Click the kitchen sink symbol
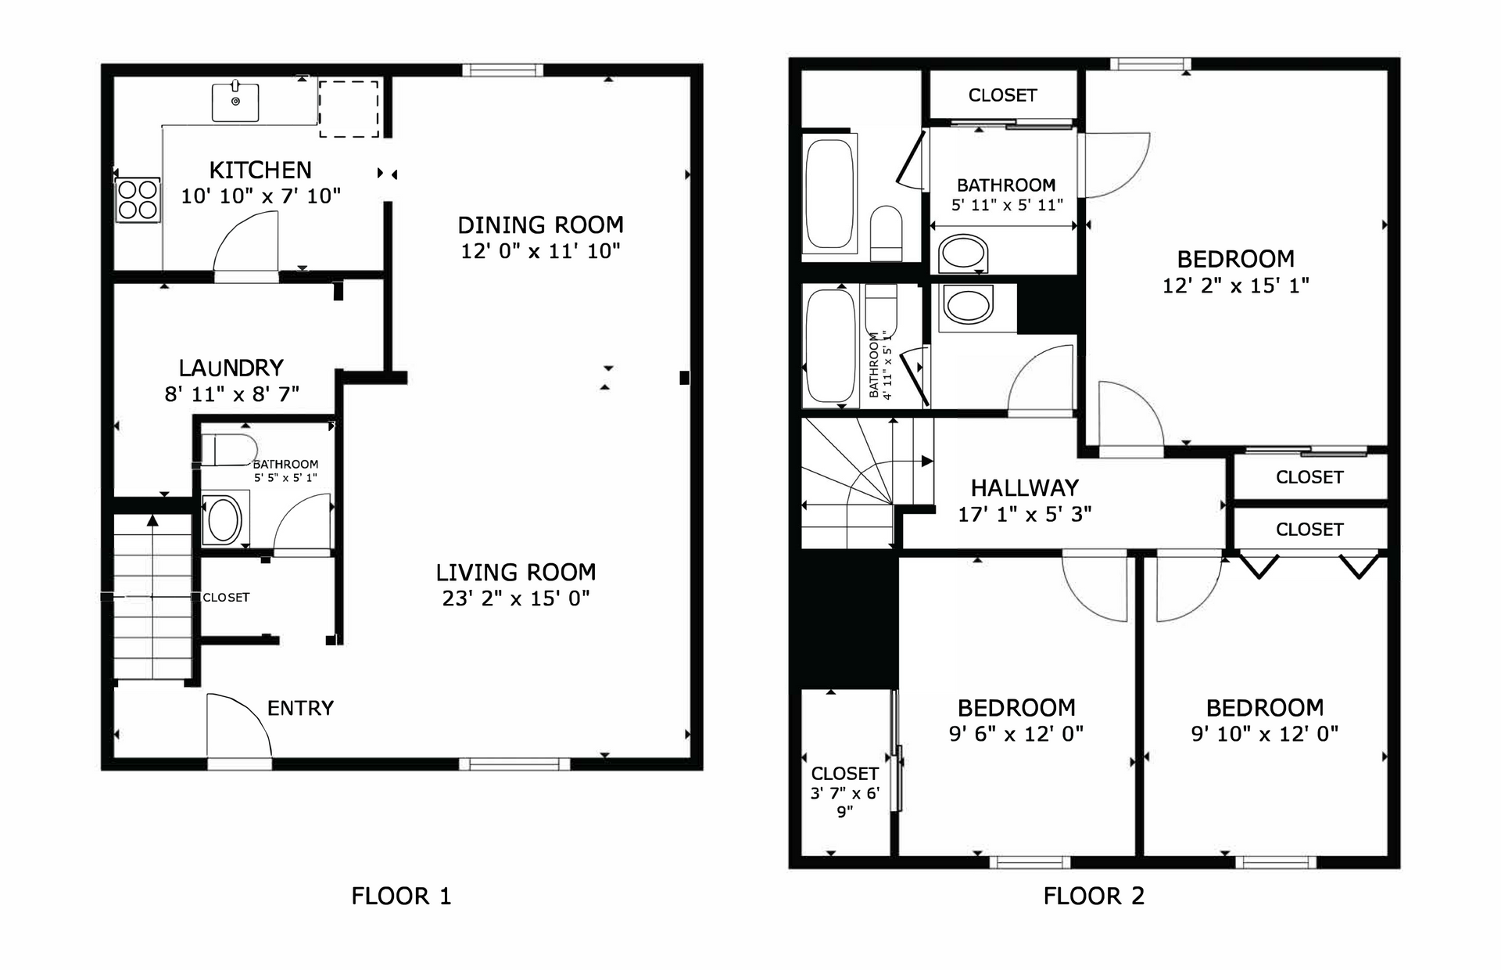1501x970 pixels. coord(235,102)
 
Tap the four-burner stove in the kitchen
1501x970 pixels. coord(138,199)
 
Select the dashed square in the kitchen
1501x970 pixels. coord(349,109)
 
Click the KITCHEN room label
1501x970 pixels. coord(260,170)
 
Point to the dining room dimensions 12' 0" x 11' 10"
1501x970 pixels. coord(540,251)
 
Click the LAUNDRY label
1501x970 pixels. coord(231,368)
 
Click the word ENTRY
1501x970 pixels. coord(300,708)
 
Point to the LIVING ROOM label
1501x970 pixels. coord(516,572)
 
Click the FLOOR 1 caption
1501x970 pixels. coord(401,896)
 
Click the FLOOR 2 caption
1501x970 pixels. coord(1094,896)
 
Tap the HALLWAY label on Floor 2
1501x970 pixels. coord(1024,488)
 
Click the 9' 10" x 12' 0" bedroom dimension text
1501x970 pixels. coord(1264,734)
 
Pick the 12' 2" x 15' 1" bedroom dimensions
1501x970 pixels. coord(1235,286)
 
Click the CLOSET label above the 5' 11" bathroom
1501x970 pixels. coord(1002,95)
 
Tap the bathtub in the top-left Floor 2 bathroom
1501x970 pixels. coord(829,193)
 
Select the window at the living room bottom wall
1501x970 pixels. coord(514,763)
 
